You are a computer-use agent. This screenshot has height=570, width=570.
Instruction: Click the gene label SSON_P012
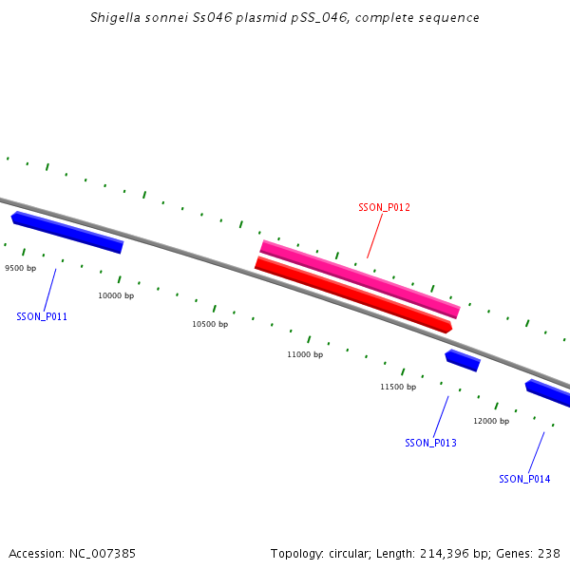[384, 207]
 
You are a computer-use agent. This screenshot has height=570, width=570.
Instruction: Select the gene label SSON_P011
[42, 316]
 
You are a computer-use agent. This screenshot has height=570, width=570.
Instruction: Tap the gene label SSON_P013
[430, 443]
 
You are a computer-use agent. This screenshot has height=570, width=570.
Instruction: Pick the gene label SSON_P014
[524, 479]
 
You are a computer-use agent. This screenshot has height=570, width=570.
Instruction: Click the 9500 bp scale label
[21, 269]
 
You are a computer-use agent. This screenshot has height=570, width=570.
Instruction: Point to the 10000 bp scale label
[116, 296]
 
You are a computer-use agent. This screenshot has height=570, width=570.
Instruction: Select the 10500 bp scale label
[210, 325]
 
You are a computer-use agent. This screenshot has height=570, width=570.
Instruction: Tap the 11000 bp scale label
[305, 355]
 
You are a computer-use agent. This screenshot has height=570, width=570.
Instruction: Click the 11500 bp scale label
[398, 388]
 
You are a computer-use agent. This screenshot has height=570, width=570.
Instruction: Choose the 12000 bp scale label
[491, 421]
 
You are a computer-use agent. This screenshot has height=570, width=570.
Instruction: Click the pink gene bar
[360, 279]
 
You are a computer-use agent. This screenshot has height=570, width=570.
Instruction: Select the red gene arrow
[352, 294]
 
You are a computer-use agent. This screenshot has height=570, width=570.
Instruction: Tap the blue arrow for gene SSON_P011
[67, 233]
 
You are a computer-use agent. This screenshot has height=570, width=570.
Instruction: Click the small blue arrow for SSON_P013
[463, 360]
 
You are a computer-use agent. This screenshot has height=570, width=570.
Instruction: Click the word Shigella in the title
[115, 18]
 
